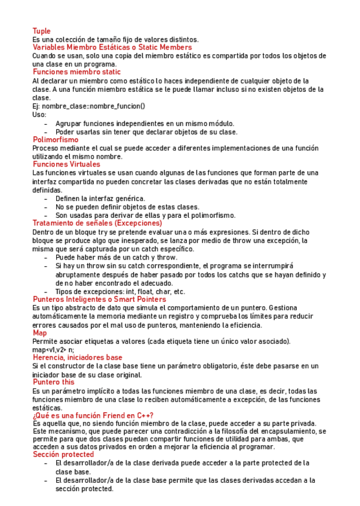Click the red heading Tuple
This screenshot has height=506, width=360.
pos(41,31)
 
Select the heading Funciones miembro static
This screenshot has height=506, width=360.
pos(76,72)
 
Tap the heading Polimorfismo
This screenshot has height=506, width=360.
pos(56,140)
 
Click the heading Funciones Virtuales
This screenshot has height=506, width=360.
pos(66,164)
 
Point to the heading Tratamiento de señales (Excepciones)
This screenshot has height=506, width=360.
pos(97,223)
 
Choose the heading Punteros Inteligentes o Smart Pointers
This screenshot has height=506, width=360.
pos(99,299)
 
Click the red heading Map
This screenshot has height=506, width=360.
pos(39,333)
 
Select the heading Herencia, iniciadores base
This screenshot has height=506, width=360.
pos(77,357)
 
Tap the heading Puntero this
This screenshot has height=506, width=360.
pos(53,382)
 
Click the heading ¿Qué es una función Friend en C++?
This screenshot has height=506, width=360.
pos(93,415)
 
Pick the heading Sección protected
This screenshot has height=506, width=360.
pos(63,455)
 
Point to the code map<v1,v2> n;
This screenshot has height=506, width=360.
pos(53,349)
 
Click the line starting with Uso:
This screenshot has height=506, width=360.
pos(39,115)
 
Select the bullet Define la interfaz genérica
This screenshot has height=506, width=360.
pos(100,198)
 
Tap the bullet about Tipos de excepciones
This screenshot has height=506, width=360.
pos(119,292)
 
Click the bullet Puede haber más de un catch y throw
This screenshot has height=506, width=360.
pos(116,257)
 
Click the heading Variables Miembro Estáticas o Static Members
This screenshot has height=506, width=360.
pos(112,47)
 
